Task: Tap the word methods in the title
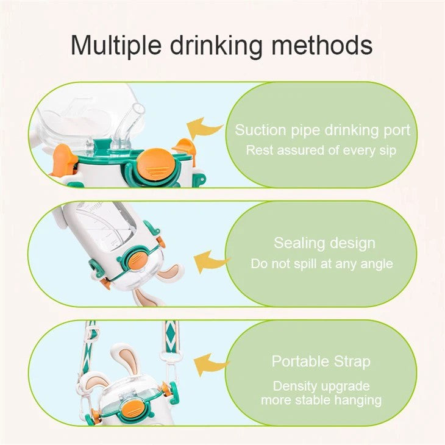(x=326, y=45)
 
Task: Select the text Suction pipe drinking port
(x=322, y=130)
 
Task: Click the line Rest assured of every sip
(x=321, y=150)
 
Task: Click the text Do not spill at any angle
(x=321, y=264)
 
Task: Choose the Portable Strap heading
(x=321, y=361)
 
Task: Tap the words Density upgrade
(x=321, y=386)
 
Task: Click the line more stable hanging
(x=321, y=400)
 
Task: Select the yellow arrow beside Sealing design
(x=212, y=262)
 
